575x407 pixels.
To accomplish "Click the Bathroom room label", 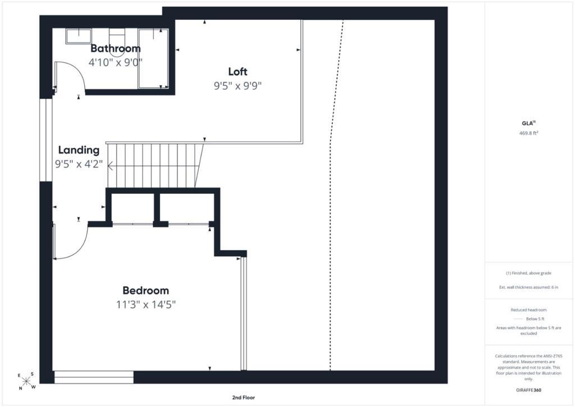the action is [116, 48].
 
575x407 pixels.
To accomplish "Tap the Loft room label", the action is [238, 71].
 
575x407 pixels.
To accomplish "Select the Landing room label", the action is [79, 150].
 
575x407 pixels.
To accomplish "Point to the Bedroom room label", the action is [145, 290].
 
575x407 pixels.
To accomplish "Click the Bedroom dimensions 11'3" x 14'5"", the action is [146, 304].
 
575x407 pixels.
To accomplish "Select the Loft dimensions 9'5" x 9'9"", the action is [238, 85].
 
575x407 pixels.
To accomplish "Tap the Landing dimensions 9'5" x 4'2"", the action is [79, 164].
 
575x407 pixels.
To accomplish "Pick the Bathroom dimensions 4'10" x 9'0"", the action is [116, 62].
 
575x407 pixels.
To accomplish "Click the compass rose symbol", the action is [26, 381].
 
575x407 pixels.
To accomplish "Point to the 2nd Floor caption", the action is [243, 397].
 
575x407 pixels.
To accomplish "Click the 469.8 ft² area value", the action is [528, 133].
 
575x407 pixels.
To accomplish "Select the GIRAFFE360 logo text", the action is [528, 390].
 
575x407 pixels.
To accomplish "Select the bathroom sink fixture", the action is [79, 37].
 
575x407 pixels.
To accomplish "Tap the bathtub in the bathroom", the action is [153, 58].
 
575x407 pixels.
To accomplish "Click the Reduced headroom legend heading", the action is [528, 310].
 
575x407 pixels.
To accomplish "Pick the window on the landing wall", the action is [46, 140].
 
